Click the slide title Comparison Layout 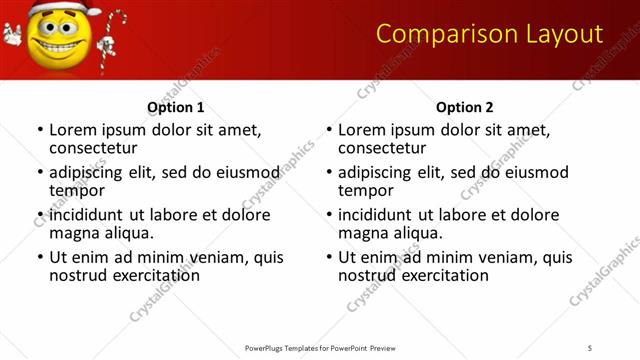489,34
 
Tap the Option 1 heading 175,107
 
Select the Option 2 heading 464,107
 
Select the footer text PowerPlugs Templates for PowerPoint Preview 319,347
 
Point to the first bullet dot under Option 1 40,130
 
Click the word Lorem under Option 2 361,129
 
